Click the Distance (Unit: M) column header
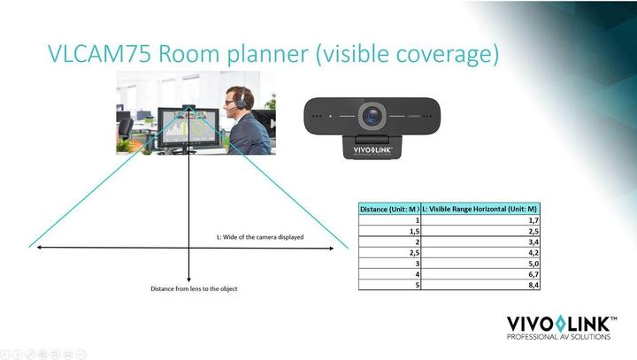[389, 209]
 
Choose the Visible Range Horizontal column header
[480, 209]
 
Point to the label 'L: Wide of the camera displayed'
[261, 237]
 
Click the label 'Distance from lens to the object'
[194, 289]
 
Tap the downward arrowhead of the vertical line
[189, 279]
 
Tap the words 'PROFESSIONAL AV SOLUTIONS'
[557, 337]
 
